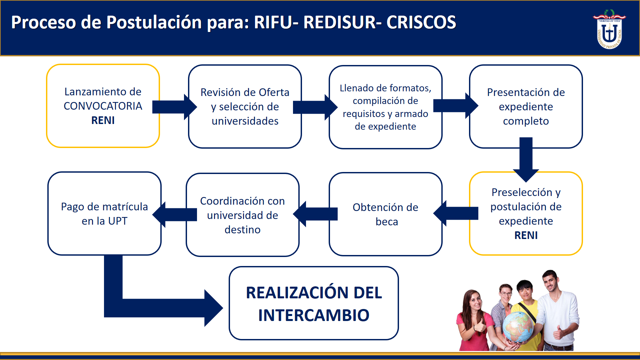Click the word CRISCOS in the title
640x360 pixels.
click(421, 23)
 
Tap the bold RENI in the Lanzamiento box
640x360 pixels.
click(103, 120)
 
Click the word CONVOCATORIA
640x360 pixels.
click(103, 106)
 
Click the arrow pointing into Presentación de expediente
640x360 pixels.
click(455, 106)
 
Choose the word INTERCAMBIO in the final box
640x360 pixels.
click(314, 315)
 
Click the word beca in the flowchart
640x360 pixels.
click(387, 222)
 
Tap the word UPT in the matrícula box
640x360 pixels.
click(118, 221)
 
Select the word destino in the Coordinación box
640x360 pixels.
click(242, 230)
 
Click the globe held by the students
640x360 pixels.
click(518, 326)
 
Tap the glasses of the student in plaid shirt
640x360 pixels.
click(506, 294)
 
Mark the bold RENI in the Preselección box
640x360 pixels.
click(526, 235)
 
